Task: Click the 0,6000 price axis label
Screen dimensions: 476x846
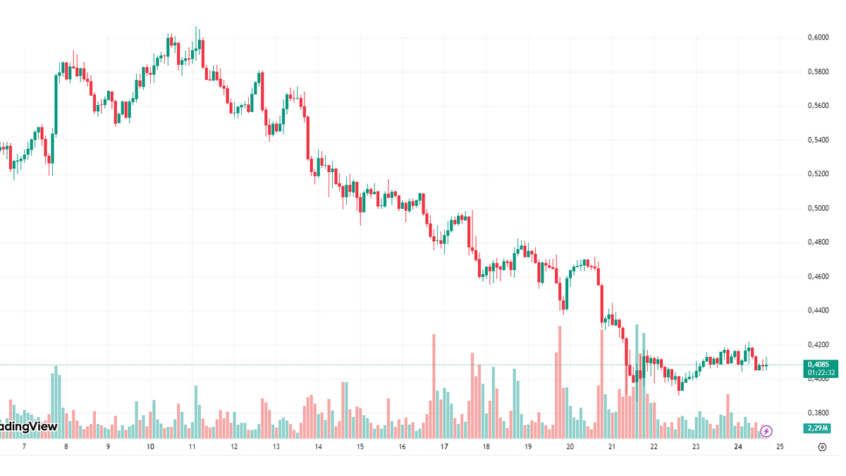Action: click(x=818, y=37)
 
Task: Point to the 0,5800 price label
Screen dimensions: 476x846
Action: click(x=818, y=72)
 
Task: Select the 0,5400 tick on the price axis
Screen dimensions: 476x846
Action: click(x=818, y=140)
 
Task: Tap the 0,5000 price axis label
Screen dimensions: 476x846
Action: click(x=818, y=209)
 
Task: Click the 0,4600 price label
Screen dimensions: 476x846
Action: click(x=818, y=277)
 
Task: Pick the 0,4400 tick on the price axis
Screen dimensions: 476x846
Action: click(x=818, y=311)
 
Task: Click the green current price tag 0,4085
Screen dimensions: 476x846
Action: click(x=819, y=365)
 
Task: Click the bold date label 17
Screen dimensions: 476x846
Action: click(x=444, y=446)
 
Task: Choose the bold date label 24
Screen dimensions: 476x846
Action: click(x=738, y=446)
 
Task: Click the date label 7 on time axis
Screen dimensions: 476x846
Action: click(x=24, y=446)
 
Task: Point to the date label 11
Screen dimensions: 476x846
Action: click(x=192, y=446)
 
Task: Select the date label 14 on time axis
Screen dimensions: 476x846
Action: click(x=318, y=446)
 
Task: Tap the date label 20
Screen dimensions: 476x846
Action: click(x=570, y=446)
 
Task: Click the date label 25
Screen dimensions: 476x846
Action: click(x=780, y=446)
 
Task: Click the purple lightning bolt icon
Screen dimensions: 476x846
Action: click(x=766, y=430)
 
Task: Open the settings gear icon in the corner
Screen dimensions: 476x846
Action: click(x=822, y=446)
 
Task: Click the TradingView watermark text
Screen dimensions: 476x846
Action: click(x=28, y=427)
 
